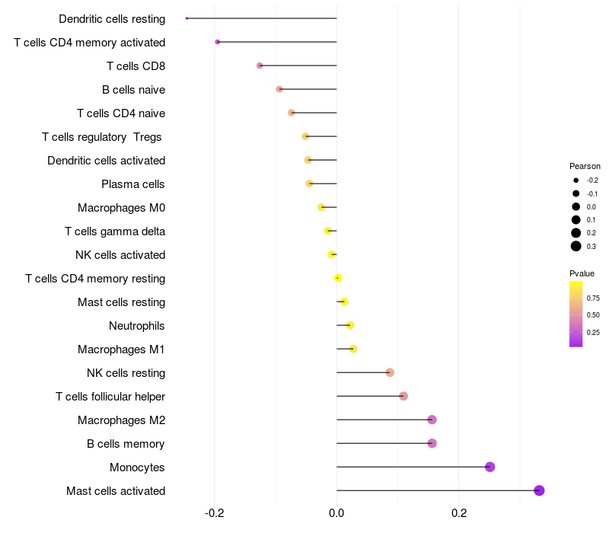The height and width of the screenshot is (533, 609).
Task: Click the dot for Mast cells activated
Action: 539,490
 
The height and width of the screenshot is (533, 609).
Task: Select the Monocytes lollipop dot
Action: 489,467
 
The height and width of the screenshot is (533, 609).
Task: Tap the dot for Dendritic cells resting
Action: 187,18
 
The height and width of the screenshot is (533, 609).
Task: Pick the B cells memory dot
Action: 432,443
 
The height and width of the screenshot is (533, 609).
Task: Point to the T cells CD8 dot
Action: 260,65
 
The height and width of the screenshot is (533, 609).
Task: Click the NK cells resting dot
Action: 390,372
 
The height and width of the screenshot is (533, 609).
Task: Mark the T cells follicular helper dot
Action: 403,396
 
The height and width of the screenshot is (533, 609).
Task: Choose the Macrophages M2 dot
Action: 432,420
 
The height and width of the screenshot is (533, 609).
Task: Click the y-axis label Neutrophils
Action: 137,326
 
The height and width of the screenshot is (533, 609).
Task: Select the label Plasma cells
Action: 133,184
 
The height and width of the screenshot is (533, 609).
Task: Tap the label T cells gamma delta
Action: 115,231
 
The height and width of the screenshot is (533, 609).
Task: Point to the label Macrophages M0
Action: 121,208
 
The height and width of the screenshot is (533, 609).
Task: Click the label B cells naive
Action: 133,90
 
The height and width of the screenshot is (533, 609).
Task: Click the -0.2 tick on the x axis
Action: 215,513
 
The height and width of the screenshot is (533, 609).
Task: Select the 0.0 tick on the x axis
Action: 336,513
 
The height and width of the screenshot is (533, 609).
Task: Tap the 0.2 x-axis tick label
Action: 458,513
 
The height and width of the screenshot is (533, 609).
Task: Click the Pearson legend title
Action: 585,166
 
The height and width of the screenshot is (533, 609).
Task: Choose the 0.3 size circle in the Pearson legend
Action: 576,246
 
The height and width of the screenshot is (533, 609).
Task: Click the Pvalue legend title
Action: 582,273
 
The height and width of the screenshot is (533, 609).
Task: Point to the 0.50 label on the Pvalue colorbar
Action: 593,315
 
